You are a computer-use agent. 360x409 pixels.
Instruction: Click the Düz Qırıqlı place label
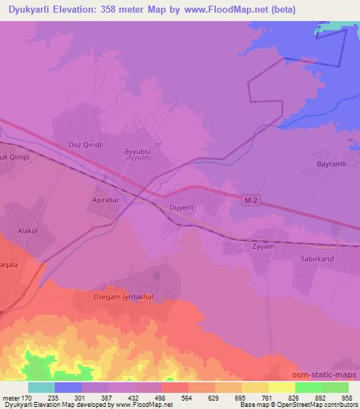86,144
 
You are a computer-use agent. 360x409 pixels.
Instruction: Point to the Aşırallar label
109,200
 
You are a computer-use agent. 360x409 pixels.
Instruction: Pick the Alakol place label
32,230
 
